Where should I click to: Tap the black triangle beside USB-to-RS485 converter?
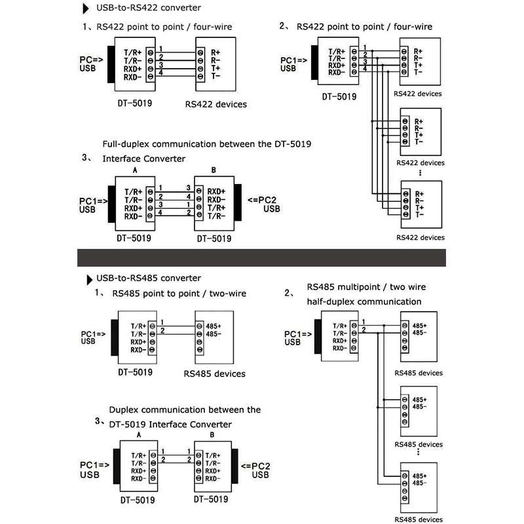coord(89,280)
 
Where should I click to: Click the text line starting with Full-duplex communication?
coord(206,143)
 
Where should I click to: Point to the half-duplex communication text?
coord(364,301)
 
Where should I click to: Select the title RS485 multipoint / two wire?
coord(366,287)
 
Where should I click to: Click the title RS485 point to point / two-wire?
coord(179,293)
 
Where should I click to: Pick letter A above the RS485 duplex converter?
coord(138,435)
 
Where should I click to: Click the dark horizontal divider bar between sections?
coord(262,257)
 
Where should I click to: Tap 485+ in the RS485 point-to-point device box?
coord(215,326)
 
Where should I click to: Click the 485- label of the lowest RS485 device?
coord(420,483)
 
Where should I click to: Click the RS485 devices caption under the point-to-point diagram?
coord(215,373)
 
